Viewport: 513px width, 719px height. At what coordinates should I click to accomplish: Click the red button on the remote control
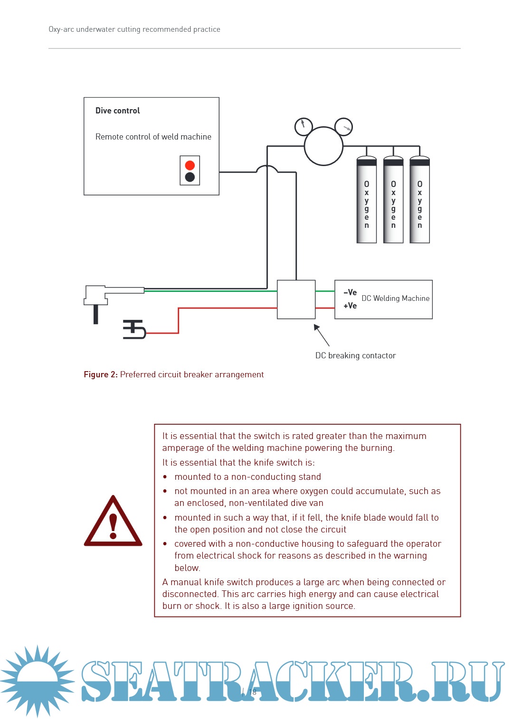tap(190, 165)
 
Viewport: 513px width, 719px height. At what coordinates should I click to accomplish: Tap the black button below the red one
tap(190, 177)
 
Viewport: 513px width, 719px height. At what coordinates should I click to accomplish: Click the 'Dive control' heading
tap(117, 111)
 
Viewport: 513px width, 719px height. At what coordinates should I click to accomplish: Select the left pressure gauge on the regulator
tap(304, 126)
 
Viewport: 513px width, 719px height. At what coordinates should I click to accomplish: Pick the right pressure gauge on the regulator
tap(343, 127)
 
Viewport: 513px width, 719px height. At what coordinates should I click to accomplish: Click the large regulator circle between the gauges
tap(323, 146)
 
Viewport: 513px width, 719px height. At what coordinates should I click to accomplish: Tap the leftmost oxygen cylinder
tap(367, 201)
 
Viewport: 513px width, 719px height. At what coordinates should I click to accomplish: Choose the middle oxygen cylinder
tap(393, 201)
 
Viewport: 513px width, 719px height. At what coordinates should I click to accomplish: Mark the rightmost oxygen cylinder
tap(420, 201)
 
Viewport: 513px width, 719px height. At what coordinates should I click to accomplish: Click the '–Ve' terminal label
tap(350, 292)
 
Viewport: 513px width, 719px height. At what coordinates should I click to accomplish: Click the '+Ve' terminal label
tap(350, 306)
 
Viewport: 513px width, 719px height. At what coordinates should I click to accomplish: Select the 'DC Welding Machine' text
tap(395, 299)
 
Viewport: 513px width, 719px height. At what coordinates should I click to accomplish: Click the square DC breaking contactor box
tap(296, 299)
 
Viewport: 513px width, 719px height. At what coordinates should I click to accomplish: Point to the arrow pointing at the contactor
tap(322, 335)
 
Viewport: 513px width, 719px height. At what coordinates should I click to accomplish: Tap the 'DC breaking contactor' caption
tap(355, 355)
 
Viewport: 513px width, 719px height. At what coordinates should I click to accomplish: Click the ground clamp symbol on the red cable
tap(134, 329)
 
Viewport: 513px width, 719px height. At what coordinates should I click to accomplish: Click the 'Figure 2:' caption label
tap(101, 374)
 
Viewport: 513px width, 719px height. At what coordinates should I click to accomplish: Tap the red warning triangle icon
tap(113, 522)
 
